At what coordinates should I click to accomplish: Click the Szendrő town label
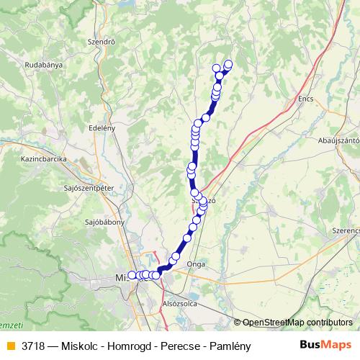click(101, 42)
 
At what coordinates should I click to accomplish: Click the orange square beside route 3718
click(10, 346)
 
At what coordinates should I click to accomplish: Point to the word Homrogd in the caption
click(118, 346)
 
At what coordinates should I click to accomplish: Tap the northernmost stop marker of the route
click(229, 64)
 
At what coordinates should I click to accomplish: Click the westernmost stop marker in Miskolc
click(132, 275)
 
